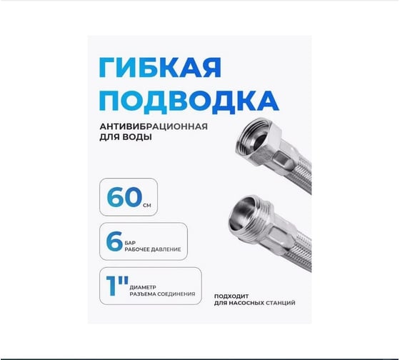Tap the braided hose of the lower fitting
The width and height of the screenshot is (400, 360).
(300, 240)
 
